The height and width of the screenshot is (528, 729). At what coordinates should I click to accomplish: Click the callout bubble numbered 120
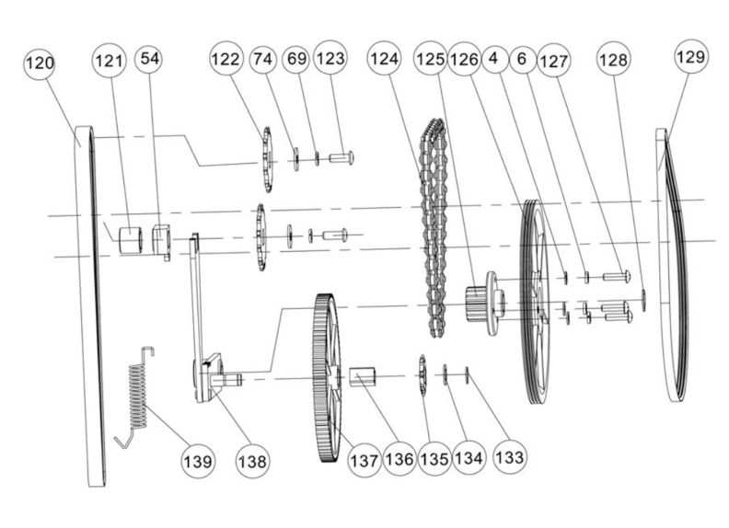[40, 64]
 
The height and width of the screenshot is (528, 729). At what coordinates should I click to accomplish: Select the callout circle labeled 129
[690, 57]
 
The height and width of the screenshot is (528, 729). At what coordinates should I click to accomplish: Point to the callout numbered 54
[148, 59]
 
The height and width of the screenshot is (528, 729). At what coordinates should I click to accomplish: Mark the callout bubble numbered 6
[522, 59]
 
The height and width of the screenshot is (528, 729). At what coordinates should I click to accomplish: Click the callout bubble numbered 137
[364, 459]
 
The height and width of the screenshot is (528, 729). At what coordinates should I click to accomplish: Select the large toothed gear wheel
[325, 377]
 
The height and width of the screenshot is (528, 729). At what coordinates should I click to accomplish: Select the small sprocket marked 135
[423, 375]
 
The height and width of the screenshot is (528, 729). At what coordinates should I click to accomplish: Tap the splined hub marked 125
[480, 304]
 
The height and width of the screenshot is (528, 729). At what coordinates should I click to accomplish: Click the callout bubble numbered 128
[614, 60]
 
